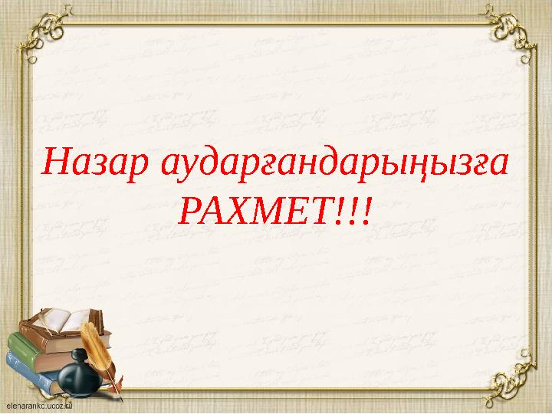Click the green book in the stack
pyautogui.click(x=31, y=349)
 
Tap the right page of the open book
pyautogui.click(x=83, y=316)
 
